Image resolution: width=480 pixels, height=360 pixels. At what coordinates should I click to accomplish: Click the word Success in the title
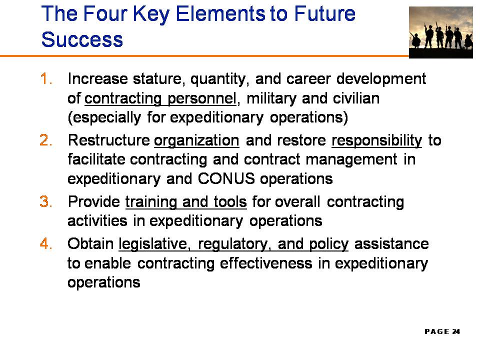pyautogui.click(x=82, y=39)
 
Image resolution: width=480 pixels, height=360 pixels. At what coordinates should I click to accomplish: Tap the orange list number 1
pyautogui.click(x=45, y=79)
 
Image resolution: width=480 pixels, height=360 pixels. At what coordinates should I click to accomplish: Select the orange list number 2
pyautogui.click(x=46, y=140)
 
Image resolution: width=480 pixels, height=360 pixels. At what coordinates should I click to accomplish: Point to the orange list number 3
pyautogui.click(x=46, y=201)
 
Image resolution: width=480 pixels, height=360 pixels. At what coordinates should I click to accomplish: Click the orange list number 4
pyautogui.click(x=46, y=243)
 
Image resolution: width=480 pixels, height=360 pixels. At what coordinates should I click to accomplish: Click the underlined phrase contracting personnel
pyautogui.click(x=160, y=98)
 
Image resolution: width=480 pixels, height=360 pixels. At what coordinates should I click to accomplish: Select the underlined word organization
pyautogui.click(x=196, y=141)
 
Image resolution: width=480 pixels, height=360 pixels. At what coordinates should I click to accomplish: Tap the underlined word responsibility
pyautogui.click(x=376, y=141)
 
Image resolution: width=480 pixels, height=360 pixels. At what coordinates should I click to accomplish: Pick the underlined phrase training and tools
pyautogui.click(x=186, y=202)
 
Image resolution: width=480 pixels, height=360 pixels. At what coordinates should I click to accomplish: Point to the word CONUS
pyautogui.click(x=226, y=178)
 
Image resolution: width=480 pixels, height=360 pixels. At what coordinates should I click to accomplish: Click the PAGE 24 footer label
pyautogui.click(x=442, y=331)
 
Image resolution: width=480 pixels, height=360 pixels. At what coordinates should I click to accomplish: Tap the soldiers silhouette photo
pyautogui.click(x=441, y=32)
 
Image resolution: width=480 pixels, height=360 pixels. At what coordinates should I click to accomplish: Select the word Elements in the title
pyautogui.click(x=220, y=13)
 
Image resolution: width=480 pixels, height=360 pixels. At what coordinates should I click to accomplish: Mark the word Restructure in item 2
pyautogui.click(x=109, y=140)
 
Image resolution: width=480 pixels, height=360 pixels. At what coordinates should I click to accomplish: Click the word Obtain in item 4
pyautogui.click(x=90, y=243)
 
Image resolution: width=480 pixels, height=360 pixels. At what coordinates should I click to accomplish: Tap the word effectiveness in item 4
pyautogui.click(x=266, y=263)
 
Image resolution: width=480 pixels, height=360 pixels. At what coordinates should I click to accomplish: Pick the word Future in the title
pyautogui.click(x=325, y=13)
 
